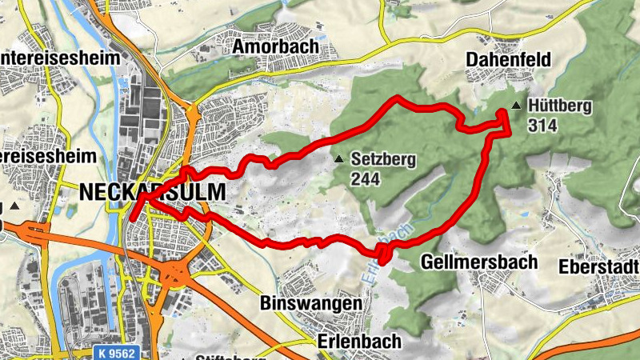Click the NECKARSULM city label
(152, 192)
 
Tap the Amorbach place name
(275, 47)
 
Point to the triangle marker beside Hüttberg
(517, 106)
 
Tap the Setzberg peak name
(382, 160)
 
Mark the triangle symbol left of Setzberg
(340, 159)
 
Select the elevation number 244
(364, 178)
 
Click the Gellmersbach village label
(471, 262)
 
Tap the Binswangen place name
(311, 304)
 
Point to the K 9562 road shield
(113, 353)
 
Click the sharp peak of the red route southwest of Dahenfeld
(397, 98)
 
